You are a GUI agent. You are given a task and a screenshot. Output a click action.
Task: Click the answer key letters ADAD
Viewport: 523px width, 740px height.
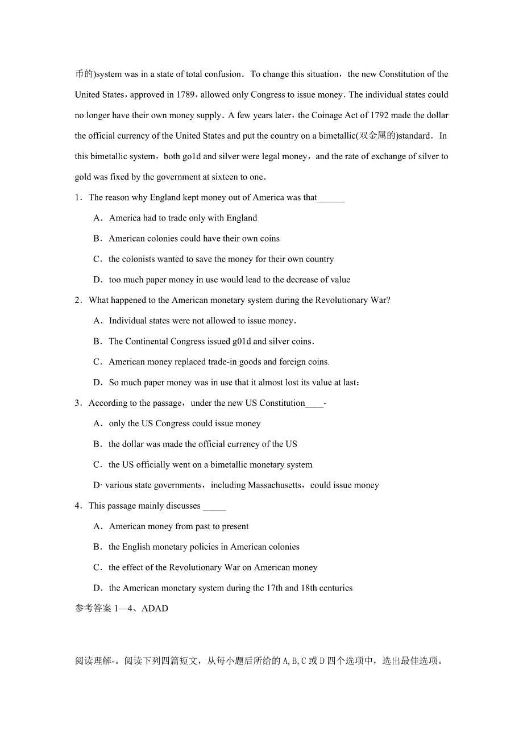[x=155, y=609]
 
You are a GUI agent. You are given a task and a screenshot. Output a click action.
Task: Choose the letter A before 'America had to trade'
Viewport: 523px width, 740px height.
[x=97, y=218]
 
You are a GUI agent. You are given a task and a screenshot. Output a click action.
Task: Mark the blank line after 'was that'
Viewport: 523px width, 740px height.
[x=331, y=198]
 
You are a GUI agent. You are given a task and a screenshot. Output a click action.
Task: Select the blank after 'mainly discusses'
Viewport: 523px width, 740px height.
[x=214, y=506]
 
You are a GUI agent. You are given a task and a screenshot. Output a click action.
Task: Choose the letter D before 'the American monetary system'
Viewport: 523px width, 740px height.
[x=97, y=588]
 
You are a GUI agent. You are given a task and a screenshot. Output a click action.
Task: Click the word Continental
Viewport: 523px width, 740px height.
[x=146, y=342]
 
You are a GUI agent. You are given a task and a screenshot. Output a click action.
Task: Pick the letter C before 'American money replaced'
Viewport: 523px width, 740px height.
[x=97, y=362]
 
